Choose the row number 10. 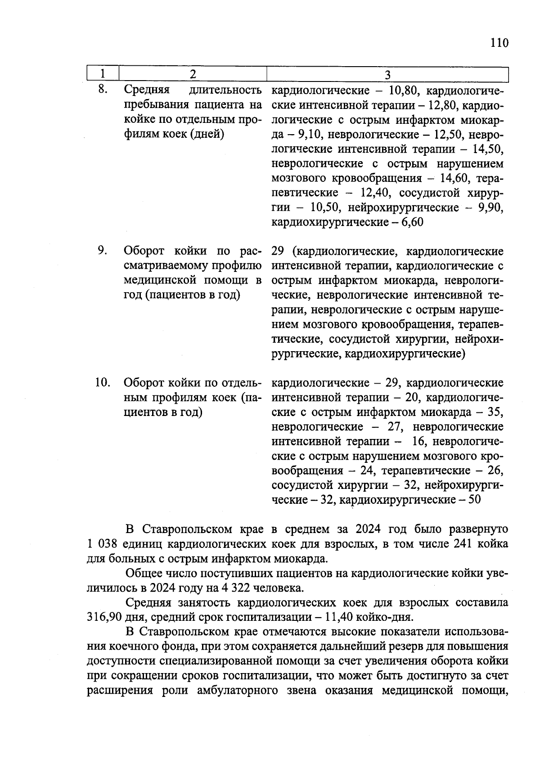(103, 383)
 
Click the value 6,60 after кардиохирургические (410, 222)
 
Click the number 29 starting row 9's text (278, 251)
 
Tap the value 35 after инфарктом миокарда (495, 412)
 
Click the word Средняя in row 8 (146, 90)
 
